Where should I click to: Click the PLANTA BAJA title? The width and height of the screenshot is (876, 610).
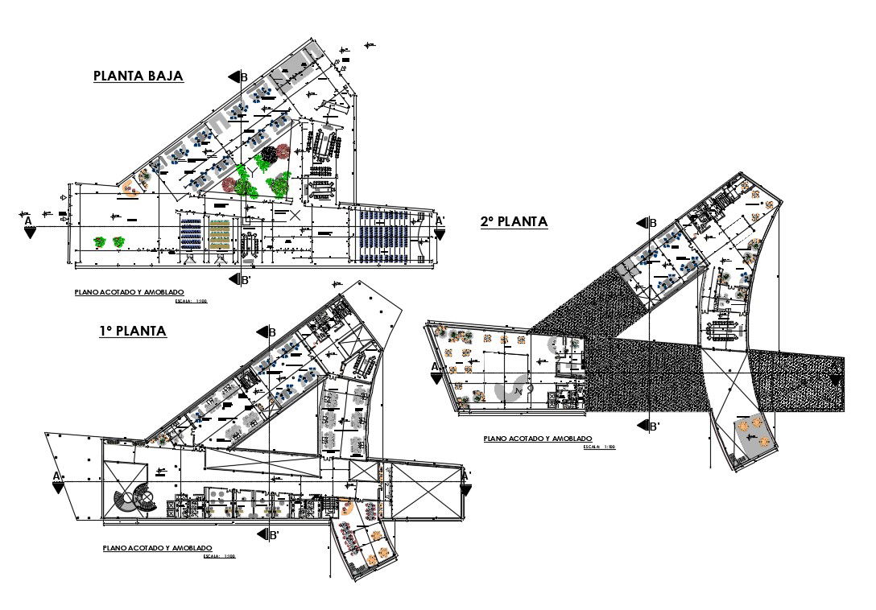138,76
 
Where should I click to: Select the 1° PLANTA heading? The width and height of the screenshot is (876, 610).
133,331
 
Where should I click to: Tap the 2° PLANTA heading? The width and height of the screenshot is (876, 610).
514,222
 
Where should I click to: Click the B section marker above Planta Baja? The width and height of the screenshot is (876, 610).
238,77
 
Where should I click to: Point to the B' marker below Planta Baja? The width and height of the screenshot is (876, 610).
238,280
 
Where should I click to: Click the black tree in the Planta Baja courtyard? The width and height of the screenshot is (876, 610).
268,153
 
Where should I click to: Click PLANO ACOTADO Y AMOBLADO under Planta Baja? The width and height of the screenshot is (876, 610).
129,292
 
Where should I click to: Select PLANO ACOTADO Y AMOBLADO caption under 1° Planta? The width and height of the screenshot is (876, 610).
157,547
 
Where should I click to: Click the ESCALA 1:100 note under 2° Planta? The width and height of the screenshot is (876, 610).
600,446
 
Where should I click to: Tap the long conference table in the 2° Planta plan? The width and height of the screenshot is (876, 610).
721,330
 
